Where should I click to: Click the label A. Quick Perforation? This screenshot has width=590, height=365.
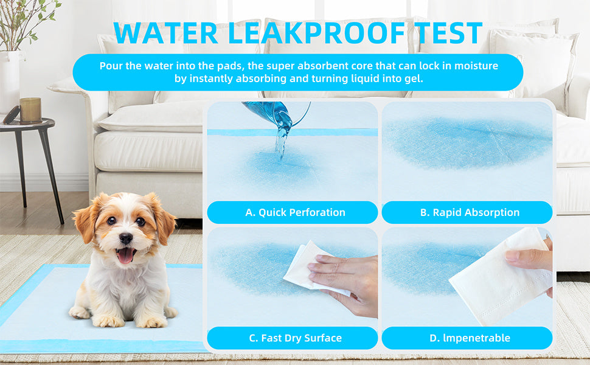295,212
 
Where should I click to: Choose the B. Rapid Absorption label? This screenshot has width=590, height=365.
470,212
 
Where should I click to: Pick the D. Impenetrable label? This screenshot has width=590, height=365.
469,338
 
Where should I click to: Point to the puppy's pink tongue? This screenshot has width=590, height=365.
125,255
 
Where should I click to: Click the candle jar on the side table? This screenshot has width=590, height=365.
30,110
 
